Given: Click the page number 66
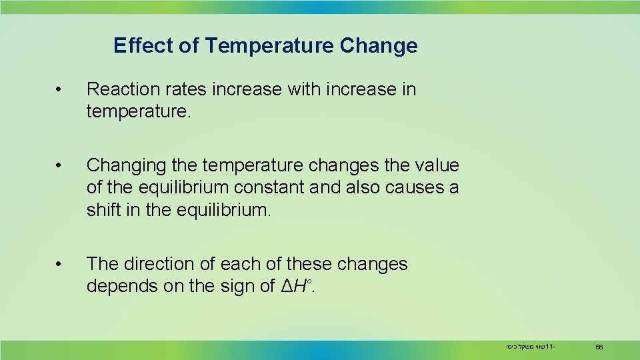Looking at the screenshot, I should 599,347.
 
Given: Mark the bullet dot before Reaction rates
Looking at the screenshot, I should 59,90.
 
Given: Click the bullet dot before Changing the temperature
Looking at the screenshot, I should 59,165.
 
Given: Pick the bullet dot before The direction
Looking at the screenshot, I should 59,265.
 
